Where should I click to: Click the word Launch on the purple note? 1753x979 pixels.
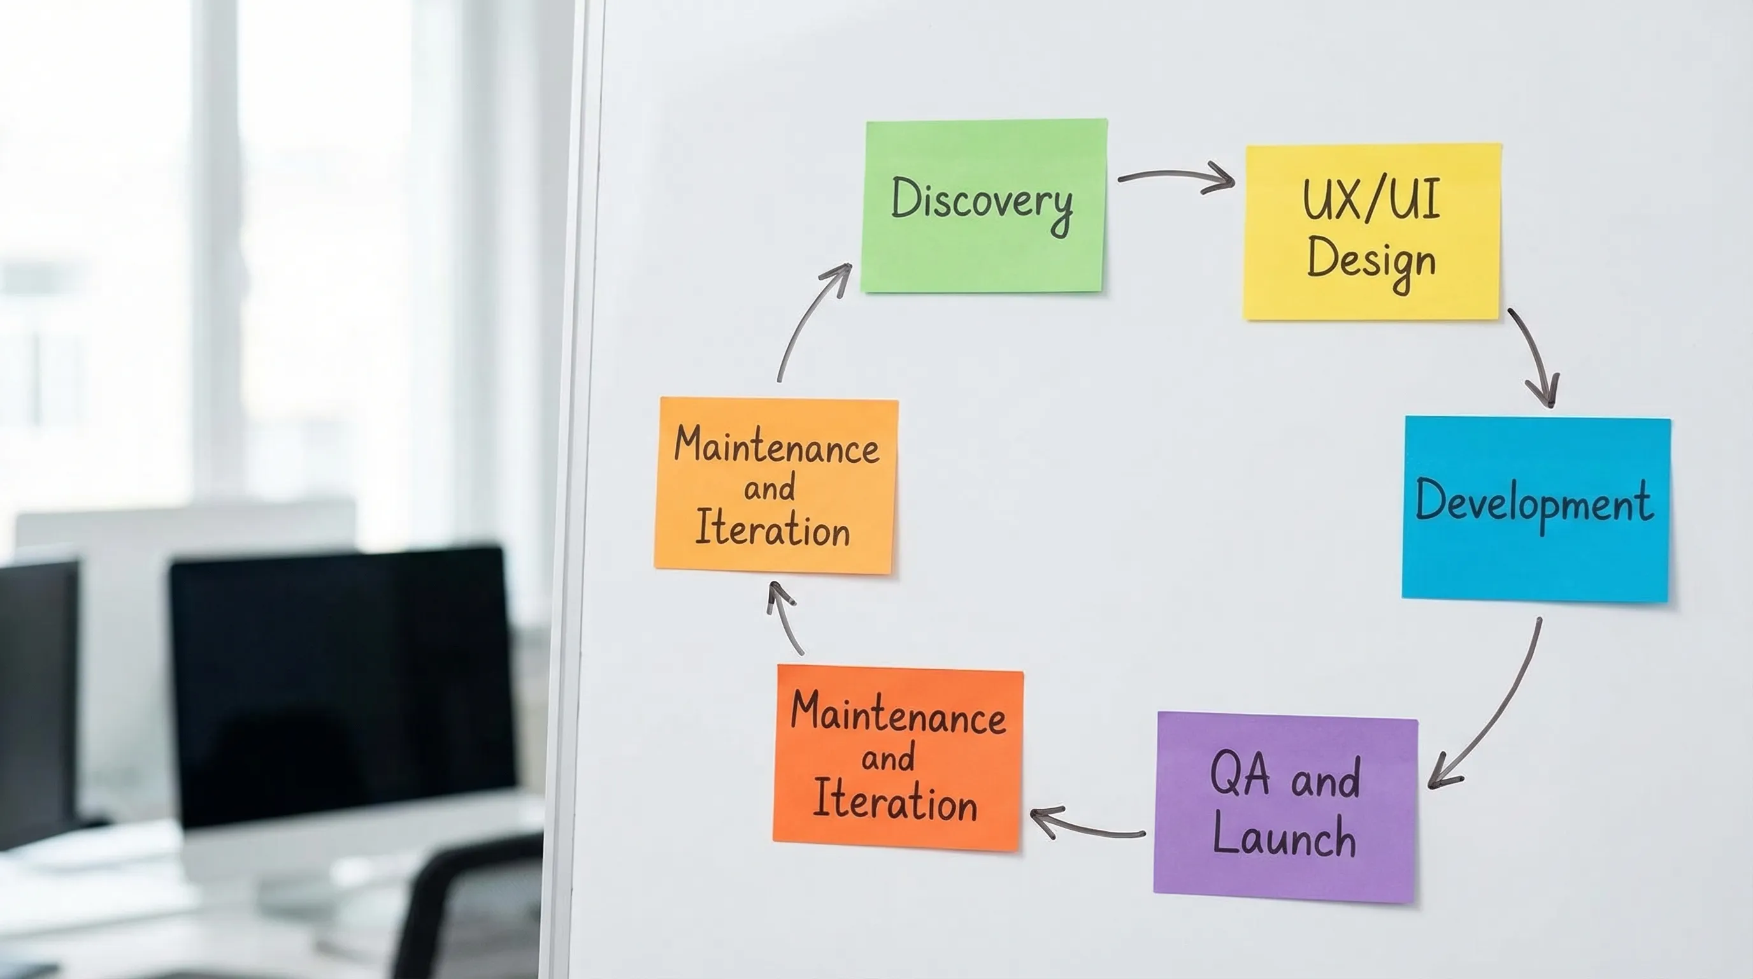pos(1284,837)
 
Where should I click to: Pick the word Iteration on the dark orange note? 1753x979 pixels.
pos(895,801)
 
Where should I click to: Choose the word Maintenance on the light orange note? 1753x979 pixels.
pos(776,447)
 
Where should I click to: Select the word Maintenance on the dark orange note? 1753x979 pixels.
pos(898,715)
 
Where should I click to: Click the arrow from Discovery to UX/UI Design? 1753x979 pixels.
pos(1176,177)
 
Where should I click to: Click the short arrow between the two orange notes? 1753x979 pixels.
pos(784,616)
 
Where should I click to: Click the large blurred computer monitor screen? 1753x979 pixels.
pos(340,681)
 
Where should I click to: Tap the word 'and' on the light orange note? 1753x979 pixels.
pos(769,488)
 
